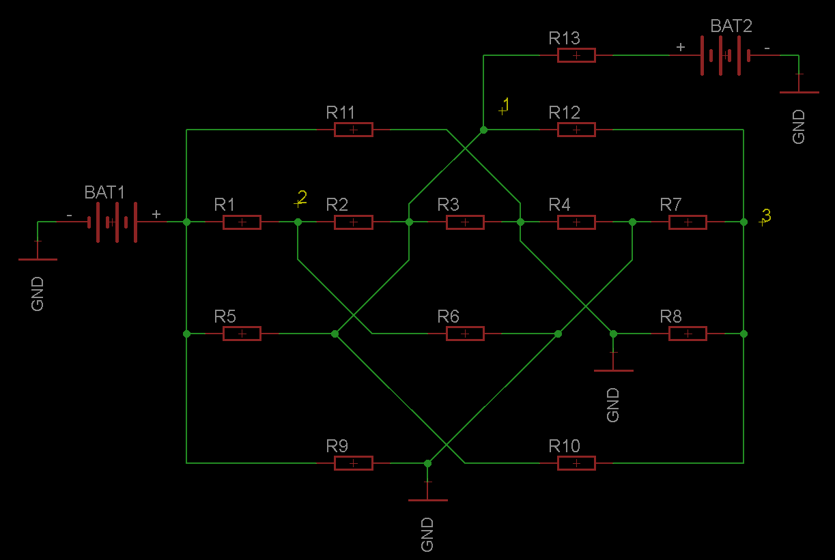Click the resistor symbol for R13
coord(576,55)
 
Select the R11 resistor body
coord(353,129)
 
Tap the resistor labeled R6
coord(465,334)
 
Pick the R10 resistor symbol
coord(576,463)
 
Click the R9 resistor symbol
coord(353,463)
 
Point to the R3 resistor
coord(465,222)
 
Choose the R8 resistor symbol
coord(688,334)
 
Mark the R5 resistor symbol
coord(242,334)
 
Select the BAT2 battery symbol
coord(725,55)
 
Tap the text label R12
coord(564,112)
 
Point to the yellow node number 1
coord(506,104)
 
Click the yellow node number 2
coord(302,197)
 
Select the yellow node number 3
coord(767,215)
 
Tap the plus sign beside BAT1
coord(156,214)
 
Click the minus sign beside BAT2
coord(767,48)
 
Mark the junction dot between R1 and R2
coord(298,222)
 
